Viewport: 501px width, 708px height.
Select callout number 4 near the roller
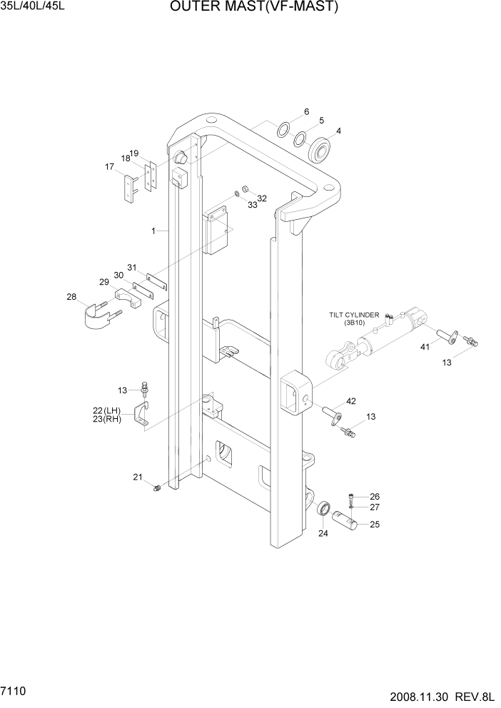point(338,131)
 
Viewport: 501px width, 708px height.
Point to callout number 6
point(306,111)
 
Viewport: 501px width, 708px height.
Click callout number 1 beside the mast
point(153,231)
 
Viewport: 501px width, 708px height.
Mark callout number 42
point(351,402)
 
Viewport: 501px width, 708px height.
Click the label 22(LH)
point(108,410)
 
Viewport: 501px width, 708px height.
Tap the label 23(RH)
point(108,420)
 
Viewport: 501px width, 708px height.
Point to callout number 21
point(138,477)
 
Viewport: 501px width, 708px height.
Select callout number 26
point(375,497)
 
